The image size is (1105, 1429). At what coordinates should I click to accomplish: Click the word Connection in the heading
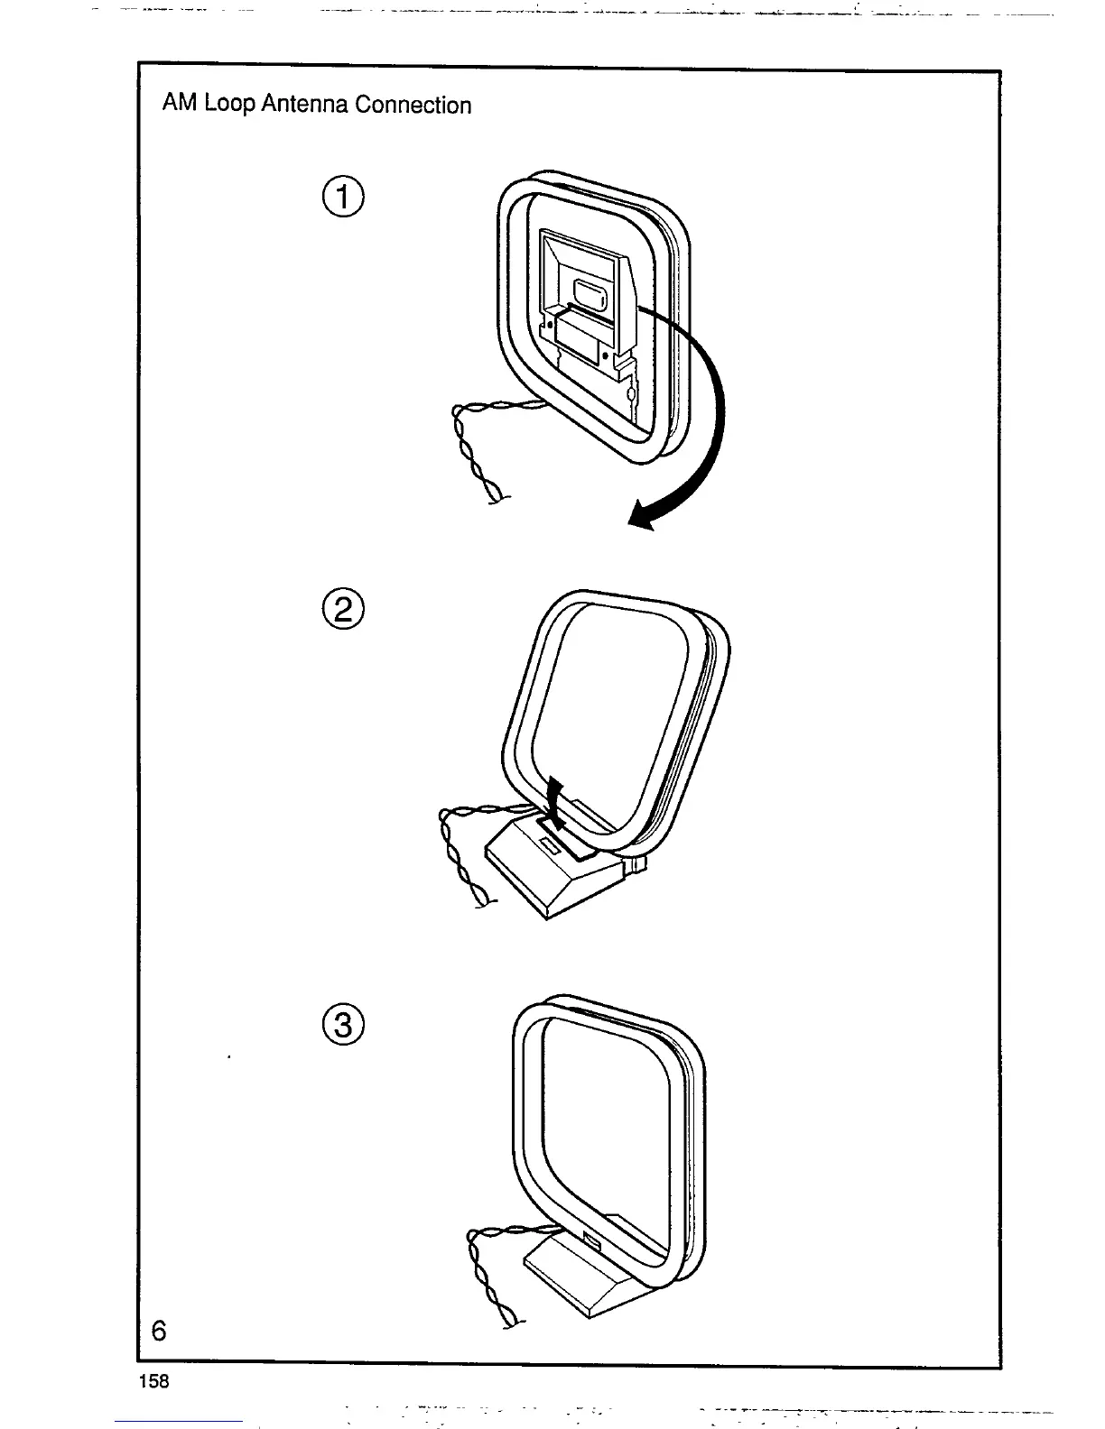(413, 105)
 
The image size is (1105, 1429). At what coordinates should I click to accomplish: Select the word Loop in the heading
(230, 106)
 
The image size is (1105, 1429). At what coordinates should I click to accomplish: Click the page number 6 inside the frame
(160, 1330)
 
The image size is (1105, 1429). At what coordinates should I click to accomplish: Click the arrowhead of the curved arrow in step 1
(643, 517)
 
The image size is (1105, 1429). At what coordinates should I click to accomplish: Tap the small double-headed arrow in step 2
(556, 805)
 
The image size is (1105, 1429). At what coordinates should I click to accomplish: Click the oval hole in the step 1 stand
(589, 295)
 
